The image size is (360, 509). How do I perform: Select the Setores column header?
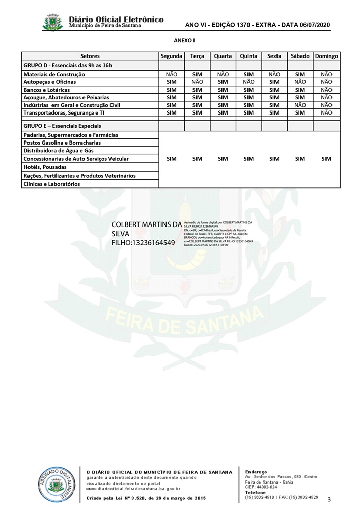(90, 56)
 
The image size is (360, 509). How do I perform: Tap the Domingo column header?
(326, 56)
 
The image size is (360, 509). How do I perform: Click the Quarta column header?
(223, 56)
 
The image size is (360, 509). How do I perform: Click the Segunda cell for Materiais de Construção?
(172, 74)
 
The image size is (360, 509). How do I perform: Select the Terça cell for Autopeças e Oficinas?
(197, 82)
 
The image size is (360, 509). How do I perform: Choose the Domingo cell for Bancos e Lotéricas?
(326, 90)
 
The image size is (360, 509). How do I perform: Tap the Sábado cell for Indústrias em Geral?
(300, 105)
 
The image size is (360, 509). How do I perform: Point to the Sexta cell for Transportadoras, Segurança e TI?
(274, 112)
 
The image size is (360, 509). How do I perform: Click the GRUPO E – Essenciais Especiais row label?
(62, 126)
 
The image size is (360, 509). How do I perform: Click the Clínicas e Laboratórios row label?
(52, 184)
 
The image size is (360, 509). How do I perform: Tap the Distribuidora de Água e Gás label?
(58, 151)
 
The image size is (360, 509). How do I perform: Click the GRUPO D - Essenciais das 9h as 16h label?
(68, 65)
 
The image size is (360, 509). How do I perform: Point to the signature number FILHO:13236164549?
(143, 243)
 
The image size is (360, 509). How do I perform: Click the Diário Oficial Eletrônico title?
(117, 19)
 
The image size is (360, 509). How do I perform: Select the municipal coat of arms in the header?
(53, 22)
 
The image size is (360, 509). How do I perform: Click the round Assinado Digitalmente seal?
(56, 486)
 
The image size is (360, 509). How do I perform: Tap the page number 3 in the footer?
(329, 499)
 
